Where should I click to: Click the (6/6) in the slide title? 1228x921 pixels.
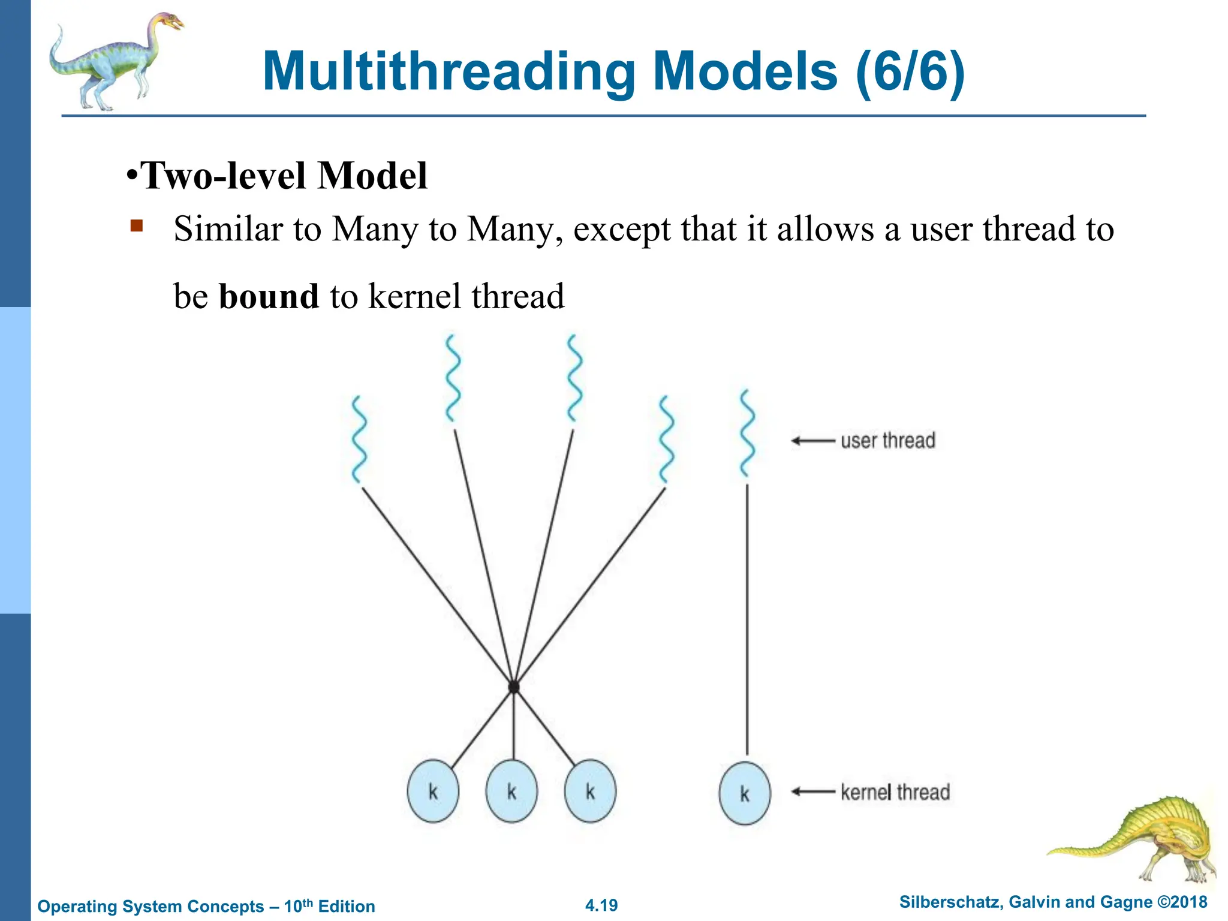pyautogui.click(x=910, y=72)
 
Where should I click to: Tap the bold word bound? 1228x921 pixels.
pyautogui.click(x=269, y=296)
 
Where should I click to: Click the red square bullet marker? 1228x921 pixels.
pyautogui.click(x=137, y=226)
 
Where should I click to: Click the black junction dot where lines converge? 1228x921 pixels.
pyautogui.click(x=513, y=687)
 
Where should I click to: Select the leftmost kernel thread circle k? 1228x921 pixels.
pyautogui.click(x=433, y=791)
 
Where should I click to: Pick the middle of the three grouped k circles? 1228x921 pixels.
pyautogui.click(x=511, y=791)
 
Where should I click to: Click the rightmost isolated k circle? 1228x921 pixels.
pyautogui.click(x=745, y=793)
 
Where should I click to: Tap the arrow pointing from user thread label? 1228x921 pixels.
pyautogui.click(x=812, y=441)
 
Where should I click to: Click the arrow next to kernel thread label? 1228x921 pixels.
pyautogui.click(x=812, y=791)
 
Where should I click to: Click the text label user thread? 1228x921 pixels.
pyautogui.click(x=887, y=441)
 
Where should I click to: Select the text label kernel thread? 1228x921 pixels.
pyautogui.click(x=895, y=792)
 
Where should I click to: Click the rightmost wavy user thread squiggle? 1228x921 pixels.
pyautogui.click(x=747, y=433)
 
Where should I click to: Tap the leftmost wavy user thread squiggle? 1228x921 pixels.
pyautogui.click(x=359, y=440)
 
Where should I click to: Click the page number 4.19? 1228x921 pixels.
pyautogui.click(x=601, y=905)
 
